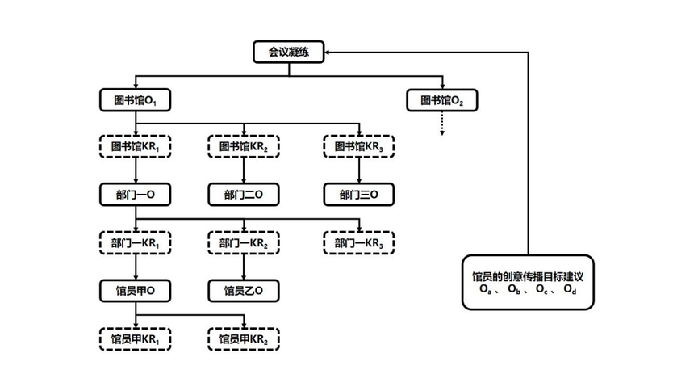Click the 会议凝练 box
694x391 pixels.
pos(289,53)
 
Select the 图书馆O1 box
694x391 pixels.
pos(135,100)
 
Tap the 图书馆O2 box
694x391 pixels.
pos(442,100)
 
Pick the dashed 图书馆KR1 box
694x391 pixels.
pos(135,147)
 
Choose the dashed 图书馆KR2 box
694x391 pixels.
pos(244,147)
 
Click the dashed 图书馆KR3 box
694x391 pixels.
pos(359,147)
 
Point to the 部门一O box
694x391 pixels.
pos(135,195)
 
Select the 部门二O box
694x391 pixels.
pos(244,195)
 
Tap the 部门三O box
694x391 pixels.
pos(359,195)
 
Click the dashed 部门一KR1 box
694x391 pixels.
pos(135,242)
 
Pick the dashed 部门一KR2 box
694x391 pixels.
pos(244,242)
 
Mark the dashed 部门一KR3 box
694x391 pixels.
pos(359,242)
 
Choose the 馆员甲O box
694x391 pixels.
pos(135,290)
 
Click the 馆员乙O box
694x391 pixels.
pos(244,290)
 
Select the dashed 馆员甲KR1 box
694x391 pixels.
pos(135,338)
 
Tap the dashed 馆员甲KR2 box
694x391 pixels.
pos(244,338)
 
